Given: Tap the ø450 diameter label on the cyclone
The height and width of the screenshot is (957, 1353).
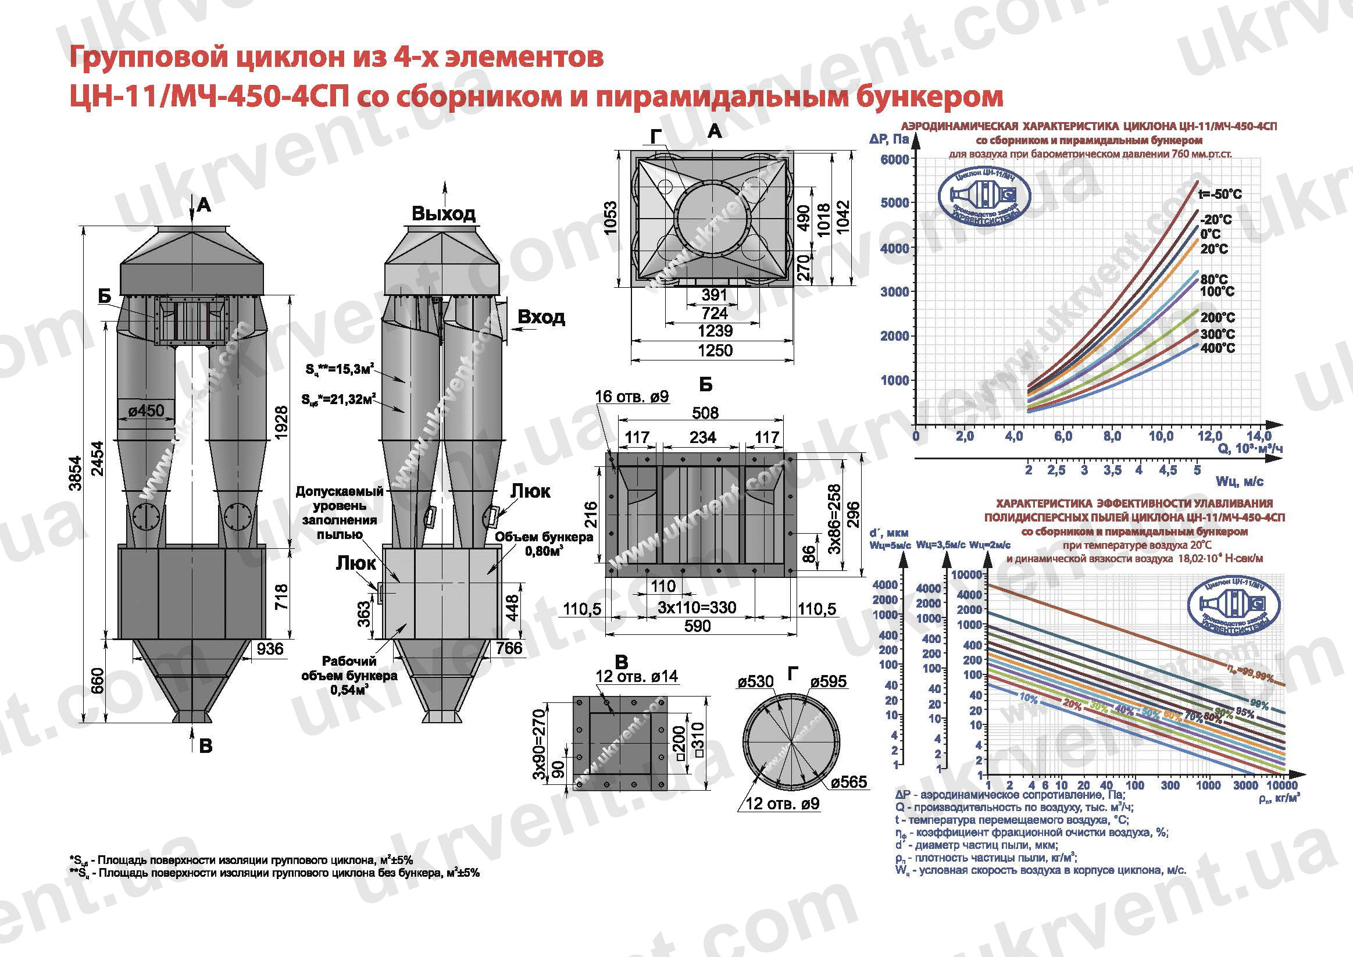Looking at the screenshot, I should (146, 410).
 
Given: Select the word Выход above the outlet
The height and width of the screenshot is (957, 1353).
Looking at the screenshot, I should (443, 213).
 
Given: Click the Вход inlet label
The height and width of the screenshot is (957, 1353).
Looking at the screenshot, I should (541, 317).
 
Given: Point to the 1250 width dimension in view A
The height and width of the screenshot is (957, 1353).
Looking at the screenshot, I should (715, 351).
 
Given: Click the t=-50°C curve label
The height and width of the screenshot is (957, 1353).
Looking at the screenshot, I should (1219, 194).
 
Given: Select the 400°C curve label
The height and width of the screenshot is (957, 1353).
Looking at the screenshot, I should (1218, 348).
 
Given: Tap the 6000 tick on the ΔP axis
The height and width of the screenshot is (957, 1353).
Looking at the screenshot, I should (894, 160).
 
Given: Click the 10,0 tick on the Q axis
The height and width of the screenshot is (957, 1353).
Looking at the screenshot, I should (1161, 437).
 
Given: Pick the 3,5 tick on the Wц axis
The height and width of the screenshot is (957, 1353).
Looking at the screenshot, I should (1112, 470).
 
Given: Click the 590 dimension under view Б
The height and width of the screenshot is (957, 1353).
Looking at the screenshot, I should (697, 626).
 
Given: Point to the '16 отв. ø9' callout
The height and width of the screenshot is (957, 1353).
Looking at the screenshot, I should (631, 397).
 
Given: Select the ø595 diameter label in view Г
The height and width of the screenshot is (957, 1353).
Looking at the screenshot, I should (828, 682).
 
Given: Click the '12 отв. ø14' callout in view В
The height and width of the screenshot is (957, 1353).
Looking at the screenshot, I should (637, 677).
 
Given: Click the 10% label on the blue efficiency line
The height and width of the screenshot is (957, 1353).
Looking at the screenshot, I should (1028, 698).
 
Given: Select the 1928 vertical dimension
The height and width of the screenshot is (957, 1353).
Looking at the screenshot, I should (281, 422).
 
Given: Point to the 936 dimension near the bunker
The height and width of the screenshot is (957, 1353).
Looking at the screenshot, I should (270, 649).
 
